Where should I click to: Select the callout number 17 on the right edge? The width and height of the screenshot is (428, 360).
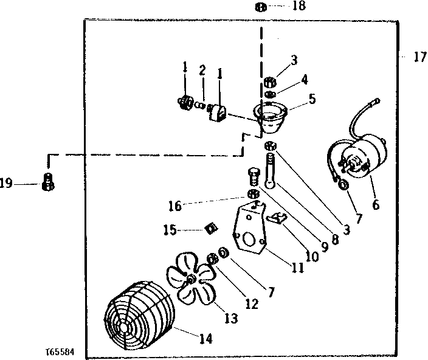coord(419,58)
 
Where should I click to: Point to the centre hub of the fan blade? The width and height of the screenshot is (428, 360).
coord(191,279)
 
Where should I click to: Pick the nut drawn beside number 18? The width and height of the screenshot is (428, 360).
coord(260,7)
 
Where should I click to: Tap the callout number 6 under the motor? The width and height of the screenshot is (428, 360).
coord(376,205)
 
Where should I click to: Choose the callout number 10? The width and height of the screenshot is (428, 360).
coord(312,257)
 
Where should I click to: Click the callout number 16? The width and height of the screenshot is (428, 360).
coord(174,207)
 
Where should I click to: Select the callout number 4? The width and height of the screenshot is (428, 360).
coord(304,79)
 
